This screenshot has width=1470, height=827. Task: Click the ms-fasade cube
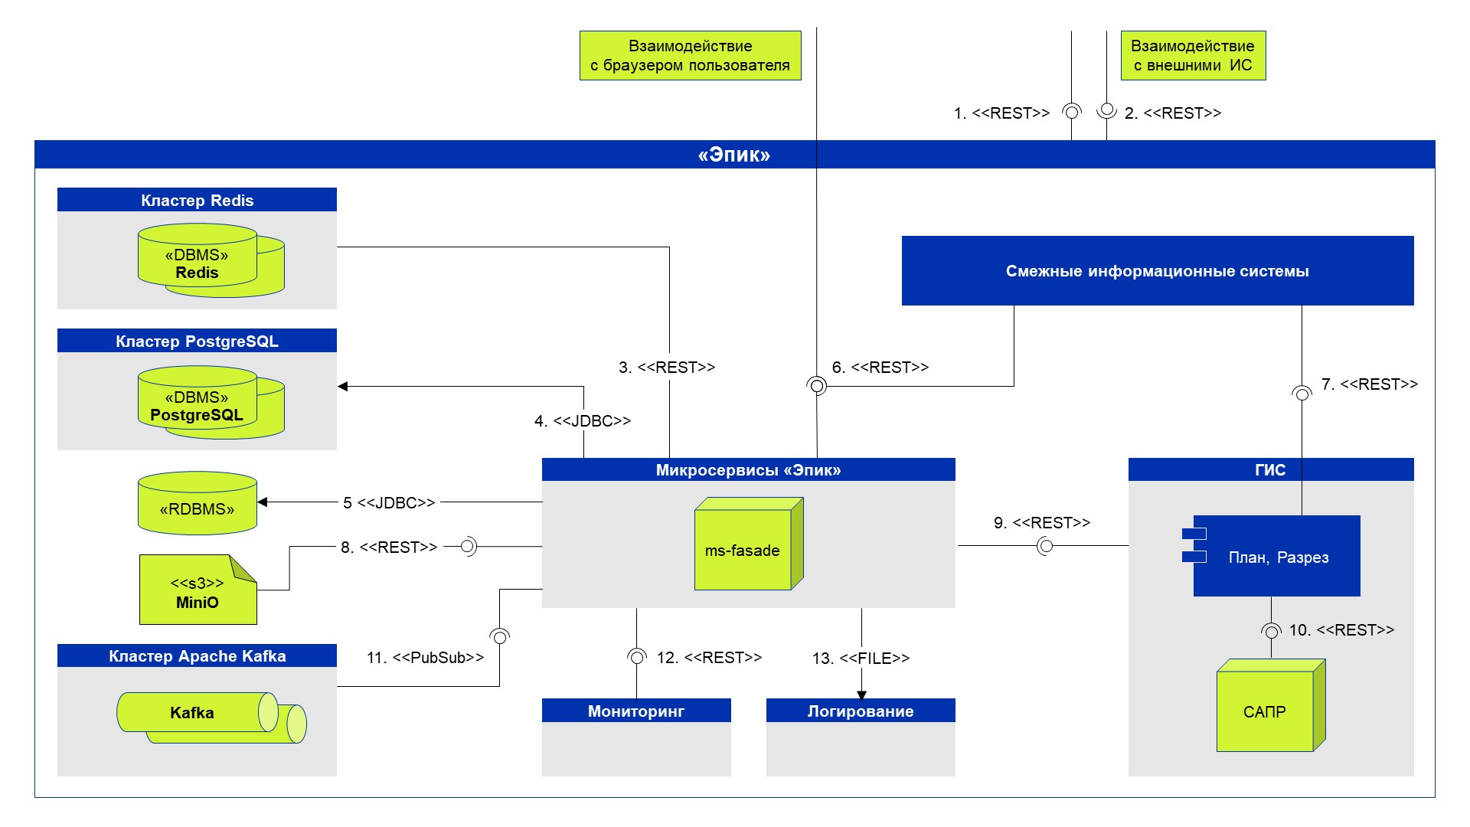coord(749,544)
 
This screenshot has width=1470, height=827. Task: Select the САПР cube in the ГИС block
coord(1271,705)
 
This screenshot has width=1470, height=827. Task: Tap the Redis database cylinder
coord(211,260)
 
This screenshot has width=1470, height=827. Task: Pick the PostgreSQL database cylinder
coord(211,402)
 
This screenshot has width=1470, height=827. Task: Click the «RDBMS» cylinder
coord(198,503)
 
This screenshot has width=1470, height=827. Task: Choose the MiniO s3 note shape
coord(198,590)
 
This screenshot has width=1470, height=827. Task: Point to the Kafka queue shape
coord(211,717)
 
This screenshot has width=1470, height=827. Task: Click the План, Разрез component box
coord(1271,556)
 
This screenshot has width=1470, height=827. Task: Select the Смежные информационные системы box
coord(1158,271)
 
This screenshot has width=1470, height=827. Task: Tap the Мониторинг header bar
coord(636,711)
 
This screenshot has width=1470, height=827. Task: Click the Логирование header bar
coord(861,711)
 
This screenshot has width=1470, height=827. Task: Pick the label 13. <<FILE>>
coord(861,659)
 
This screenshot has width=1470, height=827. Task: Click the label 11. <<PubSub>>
coord(425,658)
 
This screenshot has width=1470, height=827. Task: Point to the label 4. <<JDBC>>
coord(583,421)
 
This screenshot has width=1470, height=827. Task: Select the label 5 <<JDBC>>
coord(389,503)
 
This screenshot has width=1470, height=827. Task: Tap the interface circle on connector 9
coord(1045,546)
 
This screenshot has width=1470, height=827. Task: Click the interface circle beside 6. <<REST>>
coord(817,386)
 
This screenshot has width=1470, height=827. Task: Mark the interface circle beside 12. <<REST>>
coord(636,657)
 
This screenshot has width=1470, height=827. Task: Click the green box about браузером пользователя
coord(691,56)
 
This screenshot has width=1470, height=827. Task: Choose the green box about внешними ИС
coord(1193,56)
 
